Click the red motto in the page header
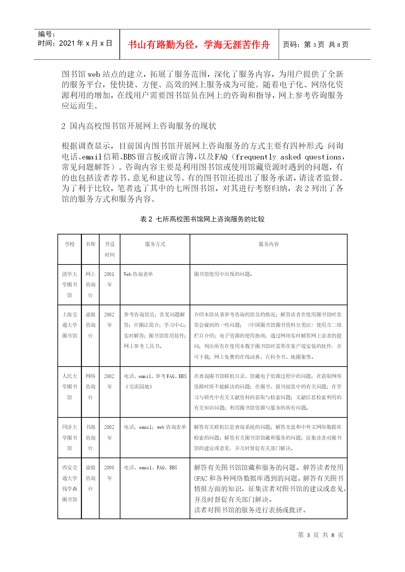pos(199,44)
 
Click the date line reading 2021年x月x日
pos(75,43)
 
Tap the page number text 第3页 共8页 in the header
pos(315,44)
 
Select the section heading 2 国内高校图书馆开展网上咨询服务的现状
pos(139,126)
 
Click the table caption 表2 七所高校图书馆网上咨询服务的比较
pos(202,219)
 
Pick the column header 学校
pos(70,244)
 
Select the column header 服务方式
pos(155,244)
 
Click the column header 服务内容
pos(269,244)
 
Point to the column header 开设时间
pos(110,249)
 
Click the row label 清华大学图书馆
pos(70,284)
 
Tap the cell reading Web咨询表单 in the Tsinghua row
pos(138,274)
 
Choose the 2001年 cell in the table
pos(109,279)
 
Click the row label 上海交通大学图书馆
pos(70,325)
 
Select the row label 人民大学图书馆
pos(70,386)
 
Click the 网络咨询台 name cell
pos(90,386)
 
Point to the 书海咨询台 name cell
pos(90,437)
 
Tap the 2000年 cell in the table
pos(109,473)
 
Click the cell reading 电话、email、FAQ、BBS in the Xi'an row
pos(150,467)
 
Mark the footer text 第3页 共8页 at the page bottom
pos(320,535)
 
